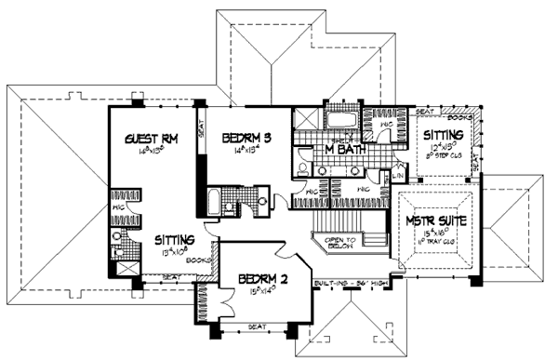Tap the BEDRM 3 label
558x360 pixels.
click(246, 138)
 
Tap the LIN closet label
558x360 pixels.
click(397, 175)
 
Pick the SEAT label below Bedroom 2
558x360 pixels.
click(255, 326)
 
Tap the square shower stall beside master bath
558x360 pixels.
click(304, 123)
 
